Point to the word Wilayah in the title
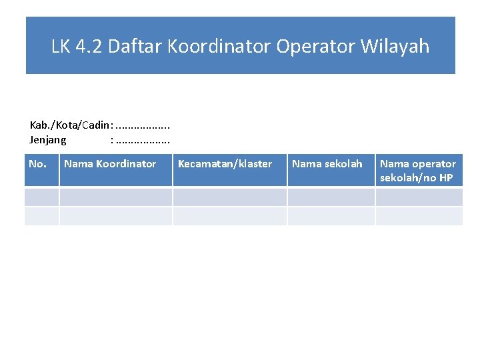click(x=395, y=46)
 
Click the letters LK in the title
click(x=61, y=46)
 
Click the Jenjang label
click(x=48, y=140)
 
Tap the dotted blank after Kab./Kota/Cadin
click(x=143, y=125)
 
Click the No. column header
click(x=38, y=164)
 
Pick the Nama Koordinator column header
click(x=110, y=164)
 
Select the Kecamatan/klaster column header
click(x=225, y=164)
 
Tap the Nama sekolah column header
click(x=327, y=164)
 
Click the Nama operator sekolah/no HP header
click(x=418, y=171)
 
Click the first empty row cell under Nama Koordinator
click(x=116, y=197)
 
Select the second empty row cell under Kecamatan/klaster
click(x=230, y=215)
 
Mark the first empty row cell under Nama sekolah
click(x=331, y=197)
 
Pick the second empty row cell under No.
click(x=42, y=215)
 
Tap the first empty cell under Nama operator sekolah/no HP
click(x=419, y=197)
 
